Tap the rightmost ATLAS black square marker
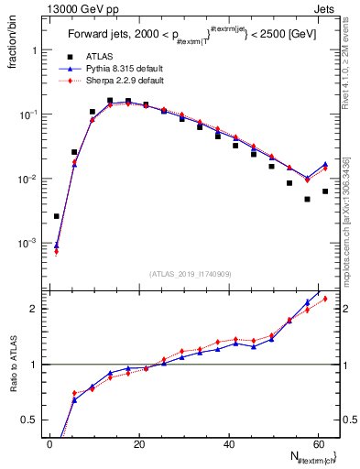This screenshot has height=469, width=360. (325, 191)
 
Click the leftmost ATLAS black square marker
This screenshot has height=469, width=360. (57, 216)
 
